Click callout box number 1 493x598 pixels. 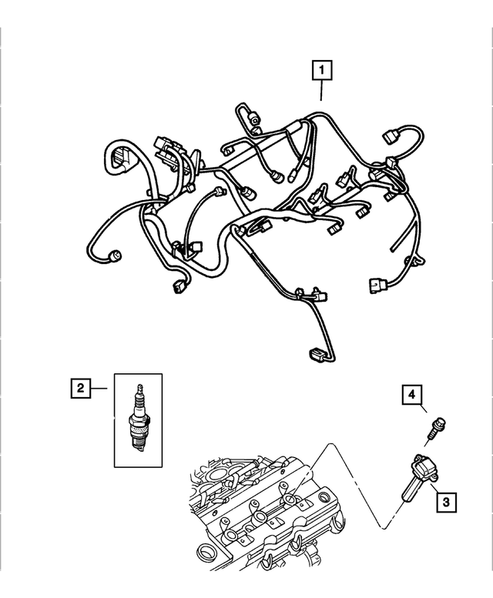(x=321, y=71)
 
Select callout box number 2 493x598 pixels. (x=79, y=389)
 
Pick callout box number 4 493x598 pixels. (x=412, y=396)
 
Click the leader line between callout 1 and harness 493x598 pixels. (x=321, y=92)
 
